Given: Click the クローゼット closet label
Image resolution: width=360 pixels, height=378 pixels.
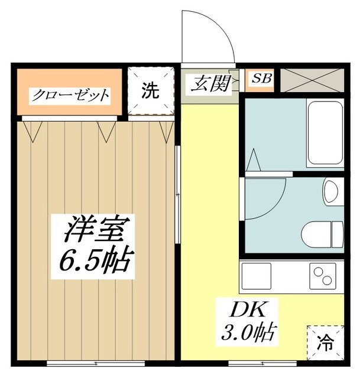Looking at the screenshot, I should click(x=71, y=94).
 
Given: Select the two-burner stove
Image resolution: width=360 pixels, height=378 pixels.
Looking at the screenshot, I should click(x=325, y=275).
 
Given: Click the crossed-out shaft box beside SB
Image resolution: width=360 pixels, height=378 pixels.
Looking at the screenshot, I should click(x=312, y=80).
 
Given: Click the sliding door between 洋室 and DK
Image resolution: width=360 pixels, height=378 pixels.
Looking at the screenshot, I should click(x=178, y=195).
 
